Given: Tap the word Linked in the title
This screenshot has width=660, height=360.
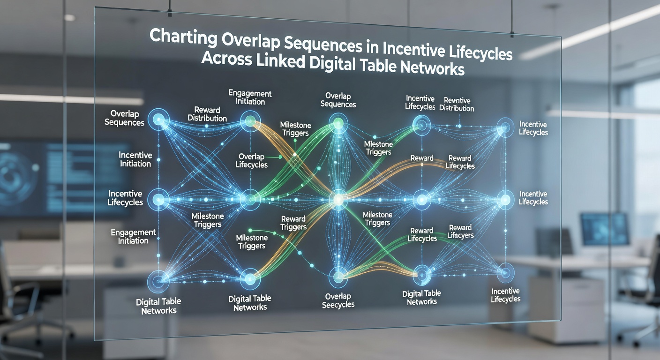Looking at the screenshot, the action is pyautogui.click(x=280, y=61).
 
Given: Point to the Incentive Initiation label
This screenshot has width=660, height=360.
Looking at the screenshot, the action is pyautogui.click(x=135, y=159).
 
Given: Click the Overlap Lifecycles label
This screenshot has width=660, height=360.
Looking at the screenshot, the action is pyautogui.click(x=251, y=161).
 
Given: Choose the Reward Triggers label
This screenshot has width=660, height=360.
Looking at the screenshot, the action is pyautogui.click(x=293, y=223).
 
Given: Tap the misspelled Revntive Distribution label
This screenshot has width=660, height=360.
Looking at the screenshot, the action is pyautogui.click(x=457, y=104).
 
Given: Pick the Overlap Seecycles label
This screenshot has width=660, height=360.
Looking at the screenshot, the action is pyautogui.click(x=338, y=300).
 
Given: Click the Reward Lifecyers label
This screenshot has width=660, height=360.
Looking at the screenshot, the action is pyautogui.click(x=460, y=231).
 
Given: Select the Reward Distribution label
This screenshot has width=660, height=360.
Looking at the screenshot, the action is pyautogui.click(x=207, y=114).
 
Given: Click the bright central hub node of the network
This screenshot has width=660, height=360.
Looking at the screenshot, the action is pyautogui.click(x=338, y=199).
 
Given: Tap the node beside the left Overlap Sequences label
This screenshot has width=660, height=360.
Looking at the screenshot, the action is pyautogui.click(x=158, y=120).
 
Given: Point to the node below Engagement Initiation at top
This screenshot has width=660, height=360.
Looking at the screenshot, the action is pyautogui.click(x=250, y=121).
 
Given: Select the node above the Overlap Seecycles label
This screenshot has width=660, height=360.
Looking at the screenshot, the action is pyautogui.click(x=338, y=277).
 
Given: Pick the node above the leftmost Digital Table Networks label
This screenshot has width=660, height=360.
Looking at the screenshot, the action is pyautogui.click(x=158, y=281).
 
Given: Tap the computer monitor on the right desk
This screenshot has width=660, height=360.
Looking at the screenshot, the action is pyautogui.click(x=605, y=230).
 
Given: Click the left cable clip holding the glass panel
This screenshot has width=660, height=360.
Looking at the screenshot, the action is pyautogui.click(x=169, y=13).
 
